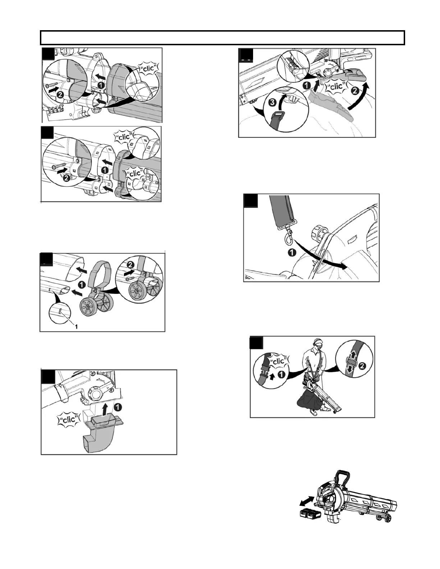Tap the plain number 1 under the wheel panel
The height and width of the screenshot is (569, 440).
76,327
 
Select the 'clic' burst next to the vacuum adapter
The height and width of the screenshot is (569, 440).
68,420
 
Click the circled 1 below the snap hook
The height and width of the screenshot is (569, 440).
292,253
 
